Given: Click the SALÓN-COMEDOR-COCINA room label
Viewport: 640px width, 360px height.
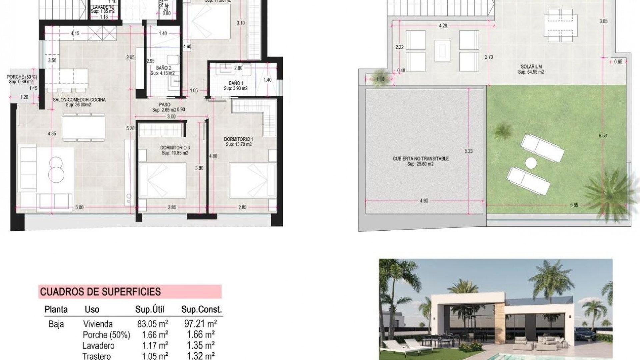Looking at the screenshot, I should [79, 100].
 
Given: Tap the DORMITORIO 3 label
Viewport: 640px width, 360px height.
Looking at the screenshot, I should [175, 148].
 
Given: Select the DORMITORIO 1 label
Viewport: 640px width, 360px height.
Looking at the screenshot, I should [238, 139].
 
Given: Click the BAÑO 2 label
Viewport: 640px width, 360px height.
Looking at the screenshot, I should [163, 68].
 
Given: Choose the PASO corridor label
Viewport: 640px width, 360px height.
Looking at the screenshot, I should [164, 105].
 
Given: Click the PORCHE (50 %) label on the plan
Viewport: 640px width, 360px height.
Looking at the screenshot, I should [22, 77].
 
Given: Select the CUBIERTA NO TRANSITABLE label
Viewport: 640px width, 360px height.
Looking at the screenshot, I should [421, 159].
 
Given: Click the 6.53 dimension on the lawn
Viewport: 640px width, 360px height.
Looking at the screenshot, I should [603, 136].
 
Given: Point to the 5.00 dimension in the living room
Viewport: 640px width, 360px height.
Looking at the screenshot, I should [79, 207].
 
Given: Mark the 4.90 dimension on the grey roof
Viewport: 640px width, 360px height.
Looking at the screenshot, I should [424, 201].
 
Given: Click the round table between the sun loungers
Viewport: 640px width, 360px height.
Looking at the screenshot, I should [531, 163].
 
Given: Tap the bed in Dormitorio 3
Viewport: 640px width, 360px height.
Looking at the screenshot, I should [162, 180].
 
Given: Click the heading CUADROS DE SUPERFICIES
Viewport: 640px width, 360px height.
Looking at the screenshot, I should [100, 292].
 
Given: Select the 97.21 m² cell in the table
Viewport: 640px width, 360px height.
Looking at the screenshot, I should [200, 324].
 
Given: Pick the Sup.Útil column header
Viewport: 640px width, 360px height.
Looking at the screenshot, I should [150, 309].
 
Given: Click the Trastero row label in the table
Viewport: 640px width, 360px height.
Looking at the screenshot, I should [97, 356].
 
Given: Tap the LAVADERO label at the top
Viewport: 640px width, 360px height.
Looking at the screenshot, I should [103, 7].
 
